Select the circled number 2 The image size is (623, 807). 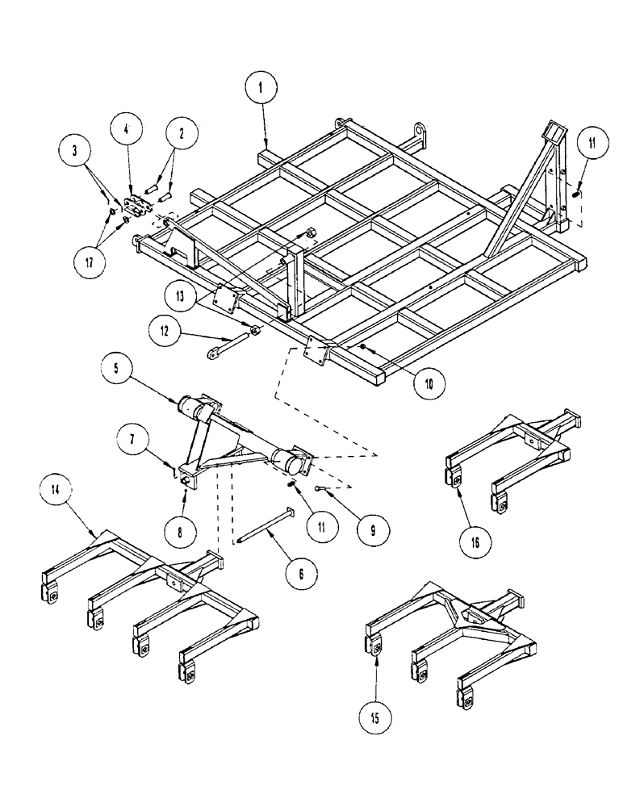point(181,134)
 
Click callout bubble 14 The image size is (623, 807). point(64,491)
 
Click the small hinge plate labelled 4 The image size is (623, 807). point(138,203)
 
